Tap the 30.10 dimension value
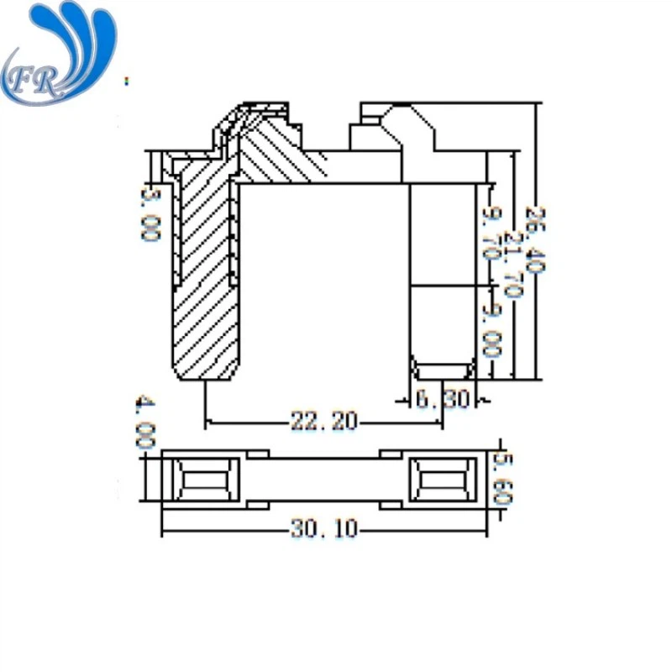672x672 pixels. point(323,529)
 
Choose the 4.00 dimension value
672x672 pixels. point(144,423)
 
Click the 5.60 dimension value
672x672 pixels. point(501,479)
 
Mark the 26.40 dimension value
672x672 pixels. point(535,239)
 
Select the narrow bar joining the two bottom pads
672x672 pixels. point(323,480)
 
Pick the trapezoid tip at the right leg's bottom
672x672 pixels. point(442,370)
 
